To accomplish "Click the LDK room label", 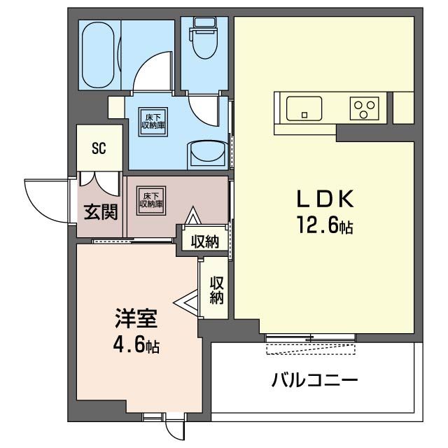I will [327, 200].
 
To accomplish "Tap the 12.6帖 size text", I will [327, 226].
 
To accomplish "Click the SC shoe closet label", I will [99, 148].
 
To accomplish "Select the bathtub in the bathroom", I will [99, 55].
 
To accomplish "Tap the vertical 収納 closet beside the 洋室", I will [216, 290].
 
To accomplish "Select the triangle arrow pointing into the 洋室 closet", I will [187, 303].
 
